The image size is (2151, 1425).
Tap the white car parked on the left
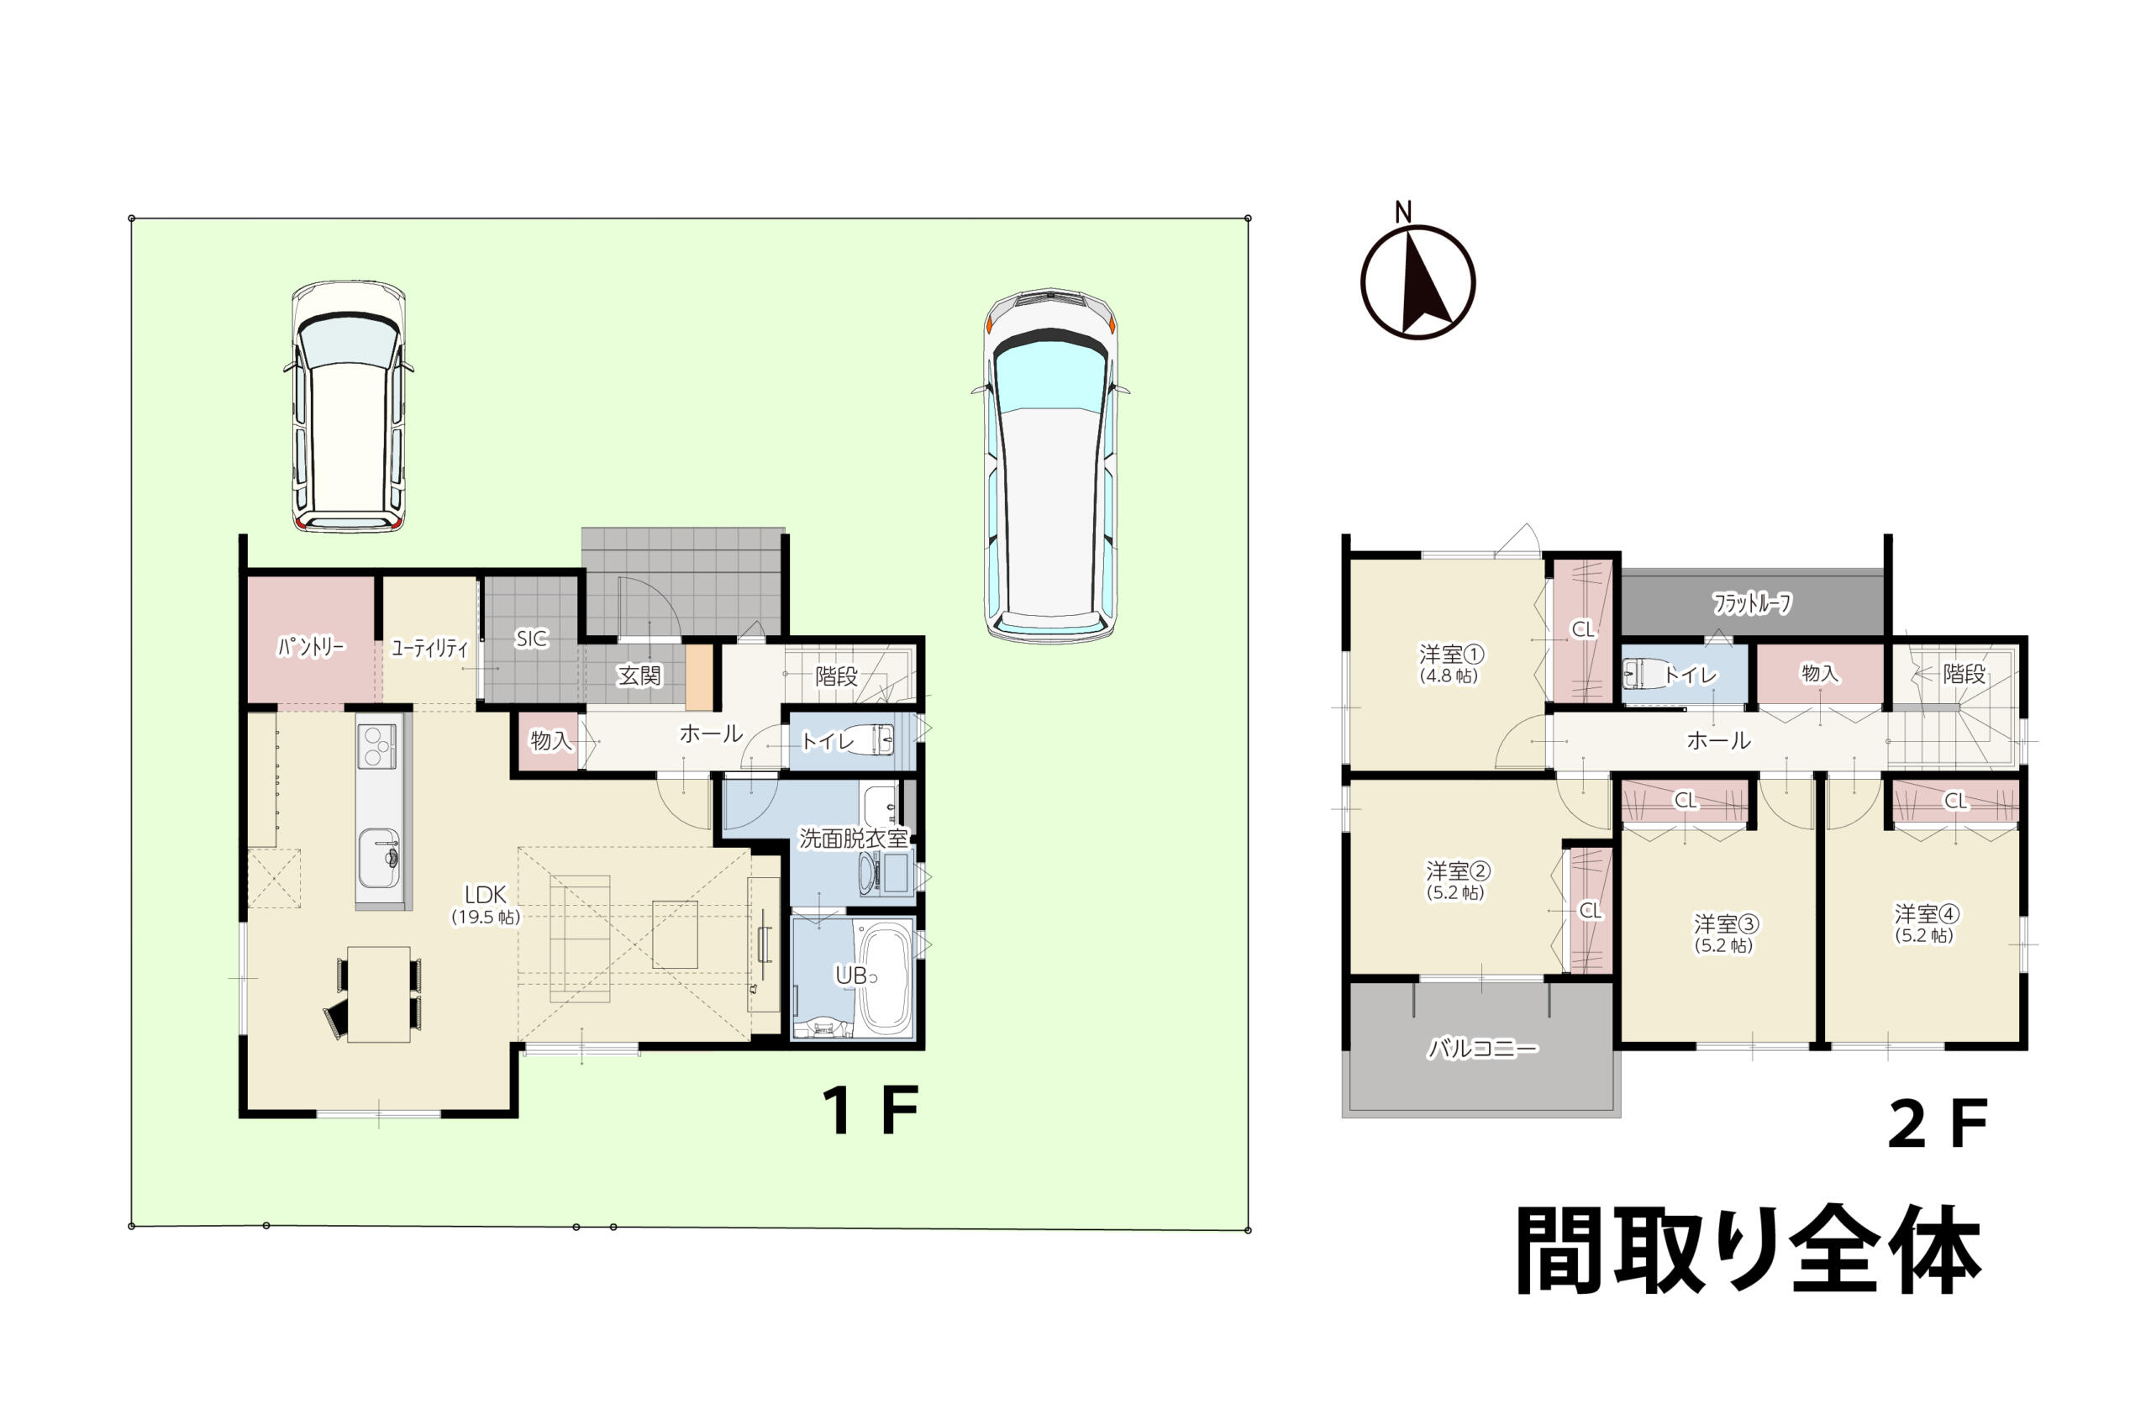[348, 406]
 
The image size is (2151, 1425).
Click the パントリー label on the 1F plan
[311, 646]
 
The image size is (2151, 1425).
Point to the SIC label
[532, 639]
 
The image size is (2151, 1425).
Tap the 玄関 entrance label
[639, 676]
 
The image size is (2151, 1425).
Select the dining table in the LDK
[379, 994]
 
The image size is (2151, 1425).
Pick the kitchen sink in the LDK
[378, 858]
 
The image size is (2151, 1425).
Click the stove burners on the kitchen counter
[376, 746]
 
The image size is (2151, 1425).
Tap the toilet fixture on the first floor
[877, 739]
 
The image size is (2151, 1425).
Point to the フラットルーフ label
[1752, 603]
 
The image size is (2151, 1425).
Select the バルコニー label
[1483, 1049]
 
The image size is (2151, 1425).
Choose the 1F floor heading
[870, 1111]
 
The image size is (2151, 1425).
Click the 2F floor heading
[1938, 1124]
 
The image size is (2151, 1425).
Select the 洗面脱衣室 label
[854, 838]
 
